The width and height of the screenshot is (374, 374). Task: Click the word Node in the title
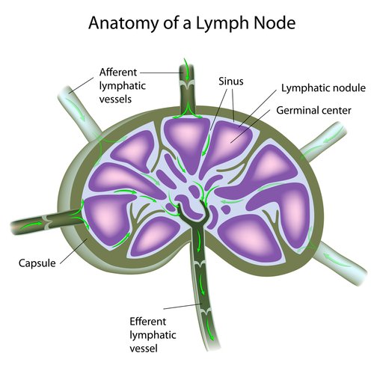(275, 22)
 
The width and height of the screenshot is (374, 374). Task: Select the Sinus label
(231, 82)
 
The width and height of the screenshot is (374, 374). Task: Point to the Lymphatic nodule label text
(323, 88)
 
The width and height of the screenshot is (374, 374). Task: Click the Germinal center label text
(313, 110)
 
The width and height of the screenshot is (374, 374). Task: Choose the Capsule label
(37, 263)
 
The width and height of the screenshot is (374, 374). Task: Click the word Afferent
(118, 73)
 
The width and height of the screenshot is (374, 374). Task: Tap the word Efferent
(147, 322)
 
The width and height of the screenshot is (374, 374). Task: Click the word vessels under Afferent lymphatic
(115, 99)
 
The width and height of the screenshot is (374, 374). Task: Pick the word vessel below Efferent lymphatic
(144, 349)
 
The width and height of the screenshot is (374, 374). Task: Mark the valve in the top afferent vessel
(186, 85)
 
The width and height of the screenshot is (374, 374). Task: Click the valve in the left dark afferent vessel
(47, 222)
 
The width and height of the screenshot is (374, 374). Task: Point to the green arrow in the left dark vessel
(31, 226)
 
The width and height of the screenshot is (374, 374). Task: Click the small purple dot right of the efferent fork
(226, 209)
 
